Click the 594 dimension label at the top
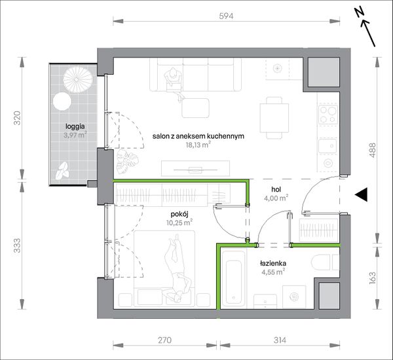point(226,16)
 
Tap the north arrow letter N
point(359,12)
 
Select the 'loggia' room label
point(75,126)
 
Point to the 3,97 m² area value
point(75,135)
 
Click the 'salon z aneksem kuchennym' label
point(198,136)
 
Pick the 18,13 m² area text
point(198,145)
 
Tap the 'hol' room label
point(276,189)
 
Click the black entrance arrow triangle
point(361,194)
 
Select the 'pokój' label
point(179,214)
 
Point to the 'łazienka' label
point(273,263)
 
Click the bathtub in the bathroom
point(233,278)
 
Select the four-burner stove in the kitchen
point(328,115)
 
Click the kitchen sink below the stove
point(328,145)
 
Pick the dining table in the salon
point(274,118)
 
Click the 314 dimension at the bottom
point(280,340)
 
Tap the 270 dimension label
point(164,340)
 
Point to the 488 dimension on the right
point(373,150)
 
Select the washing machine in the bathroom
point(294,297)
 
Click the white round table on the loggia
point(62,101)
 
